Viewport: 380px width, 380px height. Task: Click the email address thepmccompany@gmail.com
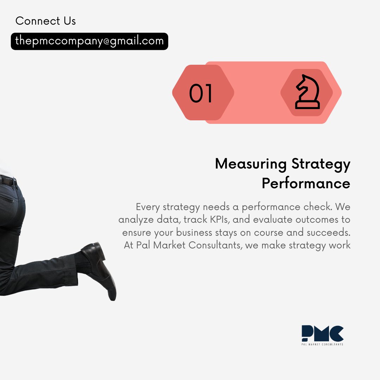point(89,41)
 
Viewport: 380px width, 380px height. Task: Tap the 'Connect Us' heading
point(46,21)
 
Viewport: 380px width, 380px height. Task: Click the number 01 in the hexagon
point(201,94)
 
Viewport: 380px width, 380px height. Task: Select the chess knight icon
point(307,92)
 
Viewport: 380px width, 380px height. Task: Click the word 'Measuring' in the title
point(251,164)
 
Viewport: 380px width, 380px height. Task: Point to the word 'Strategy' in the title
point(321,164)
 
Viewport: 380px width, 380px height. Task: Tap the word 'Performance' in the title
point(306,183)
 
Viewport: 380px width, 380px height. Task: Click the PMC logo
point(322,334)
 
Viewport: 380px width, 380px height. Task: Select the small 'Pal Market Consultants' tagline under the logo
point(322,344)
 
